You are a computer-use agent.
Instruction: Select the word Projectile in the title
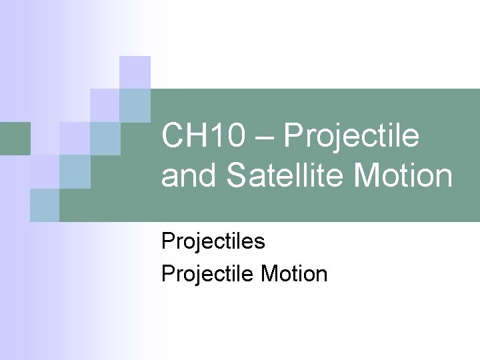point(351,137)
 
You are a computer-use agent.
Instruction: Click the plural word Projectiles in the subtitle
point(213,241)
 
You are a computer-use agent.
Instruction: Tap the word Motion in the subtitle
point(294,274)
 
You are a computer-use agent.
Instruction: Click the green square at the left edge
point(15,138)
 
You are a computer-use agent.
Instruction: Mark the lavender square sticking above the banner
point(135,72)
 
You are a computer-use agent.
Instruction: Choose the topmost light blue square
point(135,105)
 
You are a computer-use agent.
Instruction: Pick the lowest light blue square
point(44,205)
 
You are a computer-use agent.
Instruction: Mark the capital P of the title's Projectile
point(293,137)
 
